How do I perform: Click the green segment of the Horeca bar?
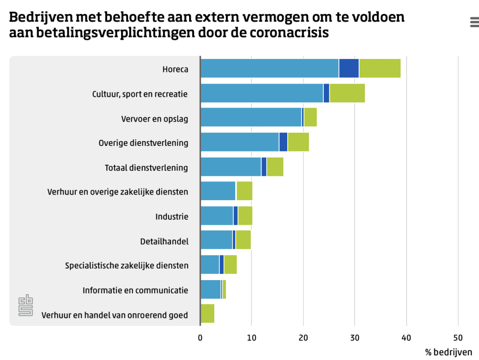[x=380, y=69]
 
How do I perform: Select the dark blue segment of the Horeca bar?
[x=349, y=69]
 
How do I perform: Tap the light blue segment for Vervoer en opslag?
[x=251, y=117]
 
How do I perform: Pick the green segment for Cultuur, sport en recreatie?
[x=347, y=93]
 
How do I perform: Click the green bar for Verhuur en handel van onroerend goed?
[x=207, y=313]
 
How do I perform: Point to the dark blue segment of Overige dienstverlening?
[x=283, y=142]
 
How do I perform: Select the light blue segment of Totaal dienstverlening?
[x=231, y=167]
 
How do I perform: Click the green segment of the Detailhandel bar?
[x=243, y=240]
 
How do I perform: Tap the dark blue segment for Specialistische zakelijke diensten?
[x=222, y=265]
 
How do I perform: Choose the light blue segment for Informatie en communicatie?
[x=210, y=289]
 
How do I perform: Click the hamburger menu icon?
[x=474, y=22]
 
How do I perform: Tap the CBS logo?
[x=26, y=305]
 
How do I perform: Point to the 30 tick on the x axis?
[x=355, y=338]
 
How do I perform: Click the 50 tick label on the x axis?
[x=457, y=338]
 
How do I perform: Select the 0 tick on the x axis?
[x=200, y=338]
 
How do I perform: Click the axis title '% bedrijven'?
[x=448, y=352]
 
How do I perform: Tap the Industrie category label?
[x=172, y=216]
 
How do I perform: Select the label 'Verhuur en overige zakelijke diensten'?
[x=118, y=192]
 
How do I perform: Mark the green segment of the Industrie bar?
[x=245, y=216]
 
